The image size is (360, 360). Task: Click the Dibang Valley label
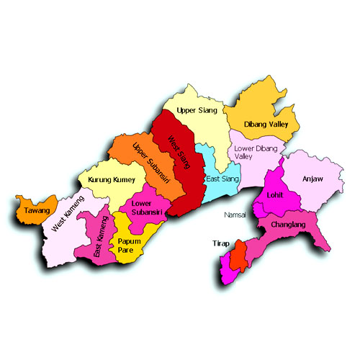266,123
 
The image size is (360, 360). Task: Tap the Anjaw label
314,178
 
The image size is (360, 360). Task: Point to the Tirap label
220,244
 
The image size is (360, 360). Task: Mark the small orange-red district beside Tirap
241,256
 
